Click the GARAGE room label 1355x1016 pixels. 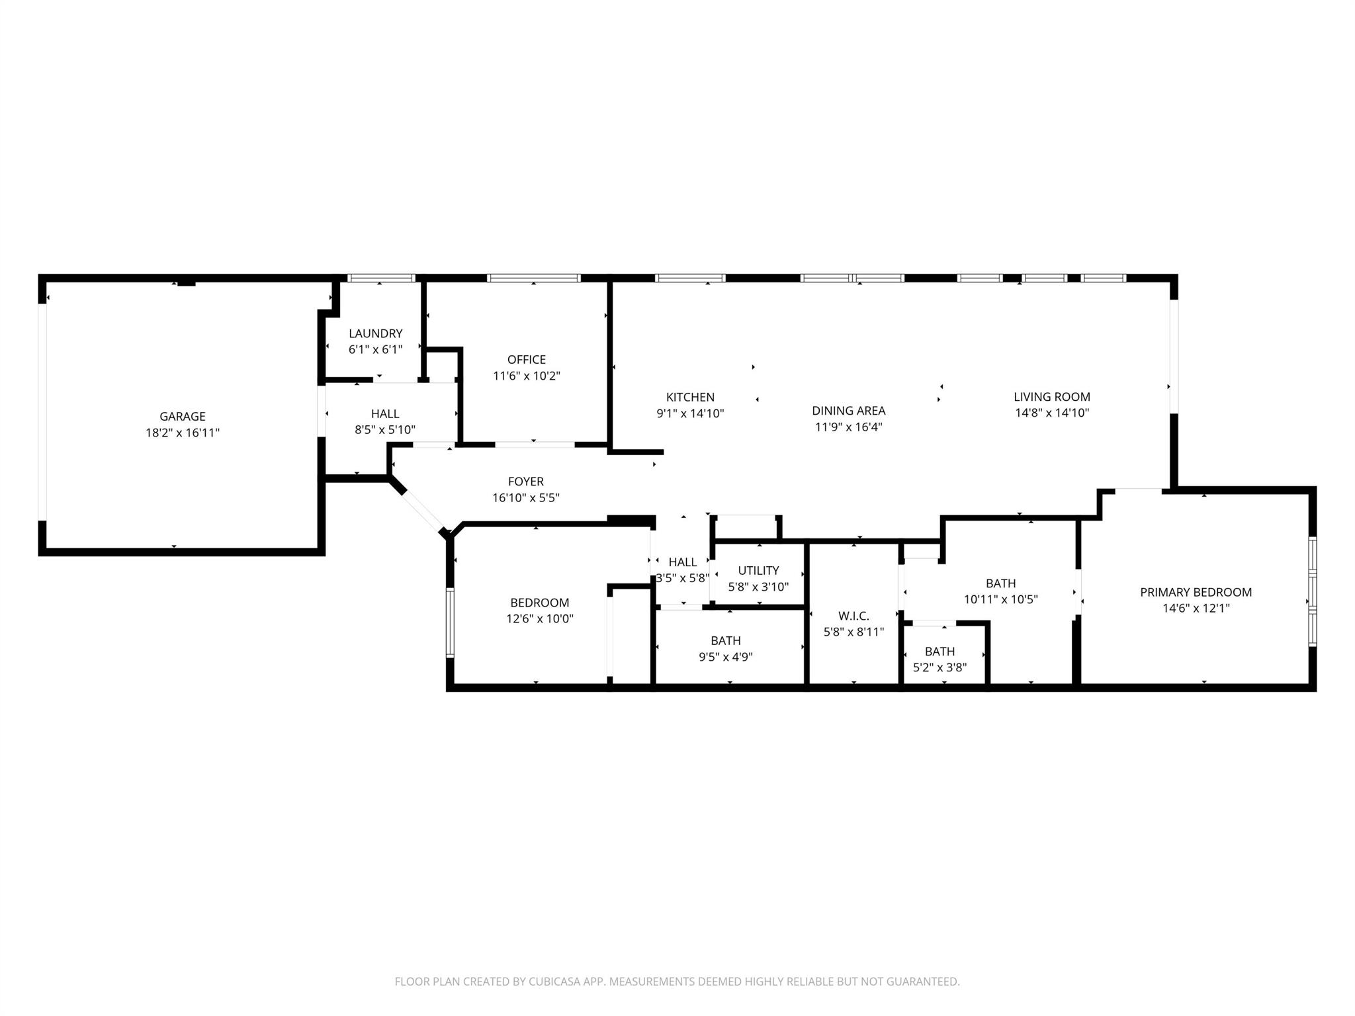(x=182, y=417)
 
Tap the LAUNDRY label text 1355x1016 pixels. (x=375, y=333)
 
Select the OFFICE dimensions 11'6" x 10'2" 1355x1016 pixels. (x=526, y=376)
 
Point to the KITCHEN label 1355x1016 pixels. (x=690, y=397)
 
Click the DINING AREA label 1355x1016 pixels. (x=848, y=411)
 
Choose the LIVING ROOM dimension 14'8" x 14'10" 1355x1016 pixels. (x=1052, y=413)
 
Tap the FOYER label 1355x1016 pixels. (x=525, y=482)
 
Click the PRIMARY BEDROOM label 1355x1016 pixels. (x=1196, y=592)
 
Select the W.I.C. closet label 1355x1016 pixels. (x=853, y=616)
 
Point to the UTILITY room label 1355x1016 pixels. (x=758, y=570)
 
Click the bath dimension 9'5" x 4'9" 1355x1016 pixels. (x=726, y=657)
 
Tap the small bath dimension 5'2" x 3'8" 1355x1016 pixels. (x=940, y=667)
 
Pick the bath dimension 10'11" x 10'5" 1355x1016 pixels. (x=1000, y=599)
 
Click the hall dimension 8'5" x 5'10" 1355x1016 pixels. (x=384, y=430)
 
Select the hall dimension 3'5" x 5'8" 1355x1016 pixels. (x=682, y=578)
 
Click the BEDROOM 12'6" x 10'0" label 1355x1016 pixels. (x=539, y=603)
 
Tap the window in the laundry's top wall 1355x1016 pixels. (x=381, y=278)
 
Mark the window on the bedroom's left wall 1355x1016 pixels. (x=450, y=622)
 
